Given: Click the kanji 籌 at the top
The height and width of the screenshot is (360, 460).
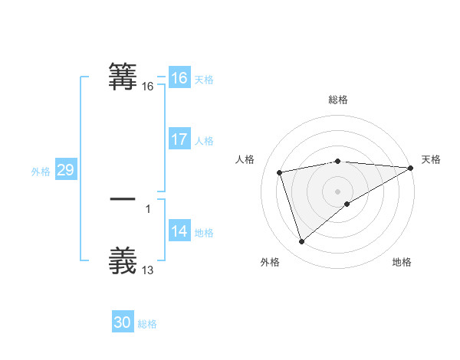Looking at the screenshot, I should point(123,77).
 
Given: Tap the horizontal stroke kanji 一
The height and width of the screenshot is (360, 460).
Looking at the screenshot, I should point(123,198).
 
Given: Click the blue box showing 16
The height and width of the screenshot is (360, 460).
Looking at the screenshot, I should point(179,78).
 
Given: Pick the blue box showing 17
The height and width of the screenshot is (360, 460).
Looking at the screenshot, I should point(179,139).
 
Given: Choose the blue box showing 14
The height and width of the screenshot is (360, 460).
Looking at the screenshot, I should point(179,231).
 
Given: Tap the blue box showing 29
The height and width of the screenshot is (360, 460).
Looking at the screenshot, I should point(65,170).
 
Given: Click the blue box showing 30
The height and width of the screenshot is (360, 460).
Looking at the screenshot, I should point(123,322).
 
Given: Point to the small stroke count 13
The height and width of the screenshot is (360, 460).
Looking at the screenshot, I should point(148,270).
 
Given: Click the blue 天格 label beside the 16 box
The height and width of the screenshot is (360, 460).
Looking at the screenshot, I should point(204,80).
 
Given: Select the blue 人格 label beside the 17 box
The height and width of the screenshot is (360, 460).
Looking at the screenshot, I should point(204,141).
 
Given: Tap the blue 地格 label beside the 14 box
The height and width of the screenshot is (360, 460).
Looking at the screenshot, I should point(204,233).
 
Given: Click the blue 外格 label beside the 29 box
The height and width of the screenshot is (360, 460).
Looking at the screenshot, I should point(41,172).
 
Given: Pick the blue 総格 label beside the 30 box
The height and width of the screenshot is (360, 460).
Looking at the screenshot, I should point(147,324).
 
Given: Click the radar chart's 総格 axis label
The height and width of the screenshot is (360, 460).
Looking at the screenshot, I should point(338,100).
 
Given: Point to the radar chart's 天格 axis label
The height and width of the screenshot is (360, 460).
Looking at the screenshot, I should point(432,159).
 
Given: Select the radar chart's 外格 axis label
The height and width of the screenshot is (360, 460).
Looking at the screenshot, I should point(270,262).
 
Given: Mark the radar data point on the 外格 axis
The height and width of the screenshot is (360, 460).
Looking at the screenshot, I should point(301,242).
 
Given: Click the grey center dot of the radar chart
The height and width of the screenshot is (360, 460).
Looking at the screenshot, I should point(338,191).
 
